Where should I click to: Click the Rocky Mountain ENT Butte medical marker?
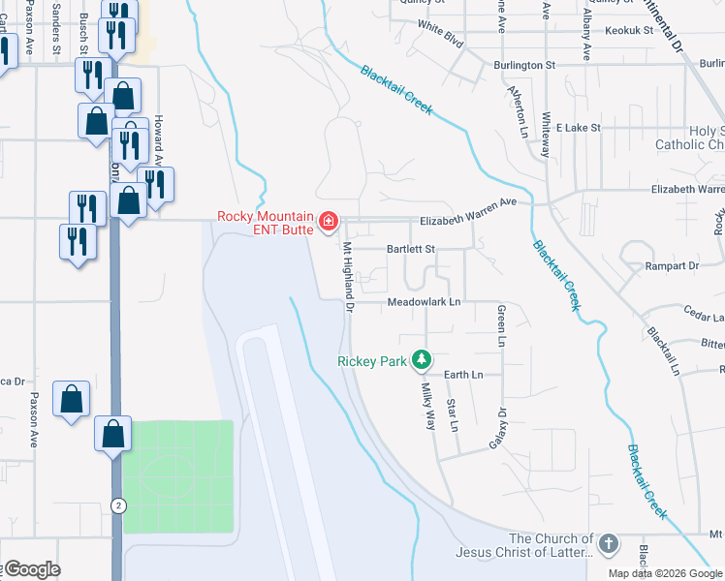coord(329,223)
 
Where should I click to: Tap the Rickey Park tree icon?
coord(421,360)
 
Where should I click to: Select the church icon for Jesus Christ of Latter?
coord(608,544)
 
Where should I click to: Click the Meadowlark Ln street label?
coord(424,302)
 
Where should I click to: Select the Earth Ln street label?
coord(463,374)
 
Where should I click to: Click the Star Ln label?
coord(452,413)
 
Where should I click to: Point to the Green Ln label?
coord(501,325)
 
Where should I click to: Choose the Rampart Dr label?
coord(673,265)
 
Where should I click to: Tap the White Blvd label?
coord(441,30)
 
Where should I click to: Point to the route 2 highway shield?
coord(118,505)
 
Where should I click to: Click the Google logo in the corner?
coord(31,569)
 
